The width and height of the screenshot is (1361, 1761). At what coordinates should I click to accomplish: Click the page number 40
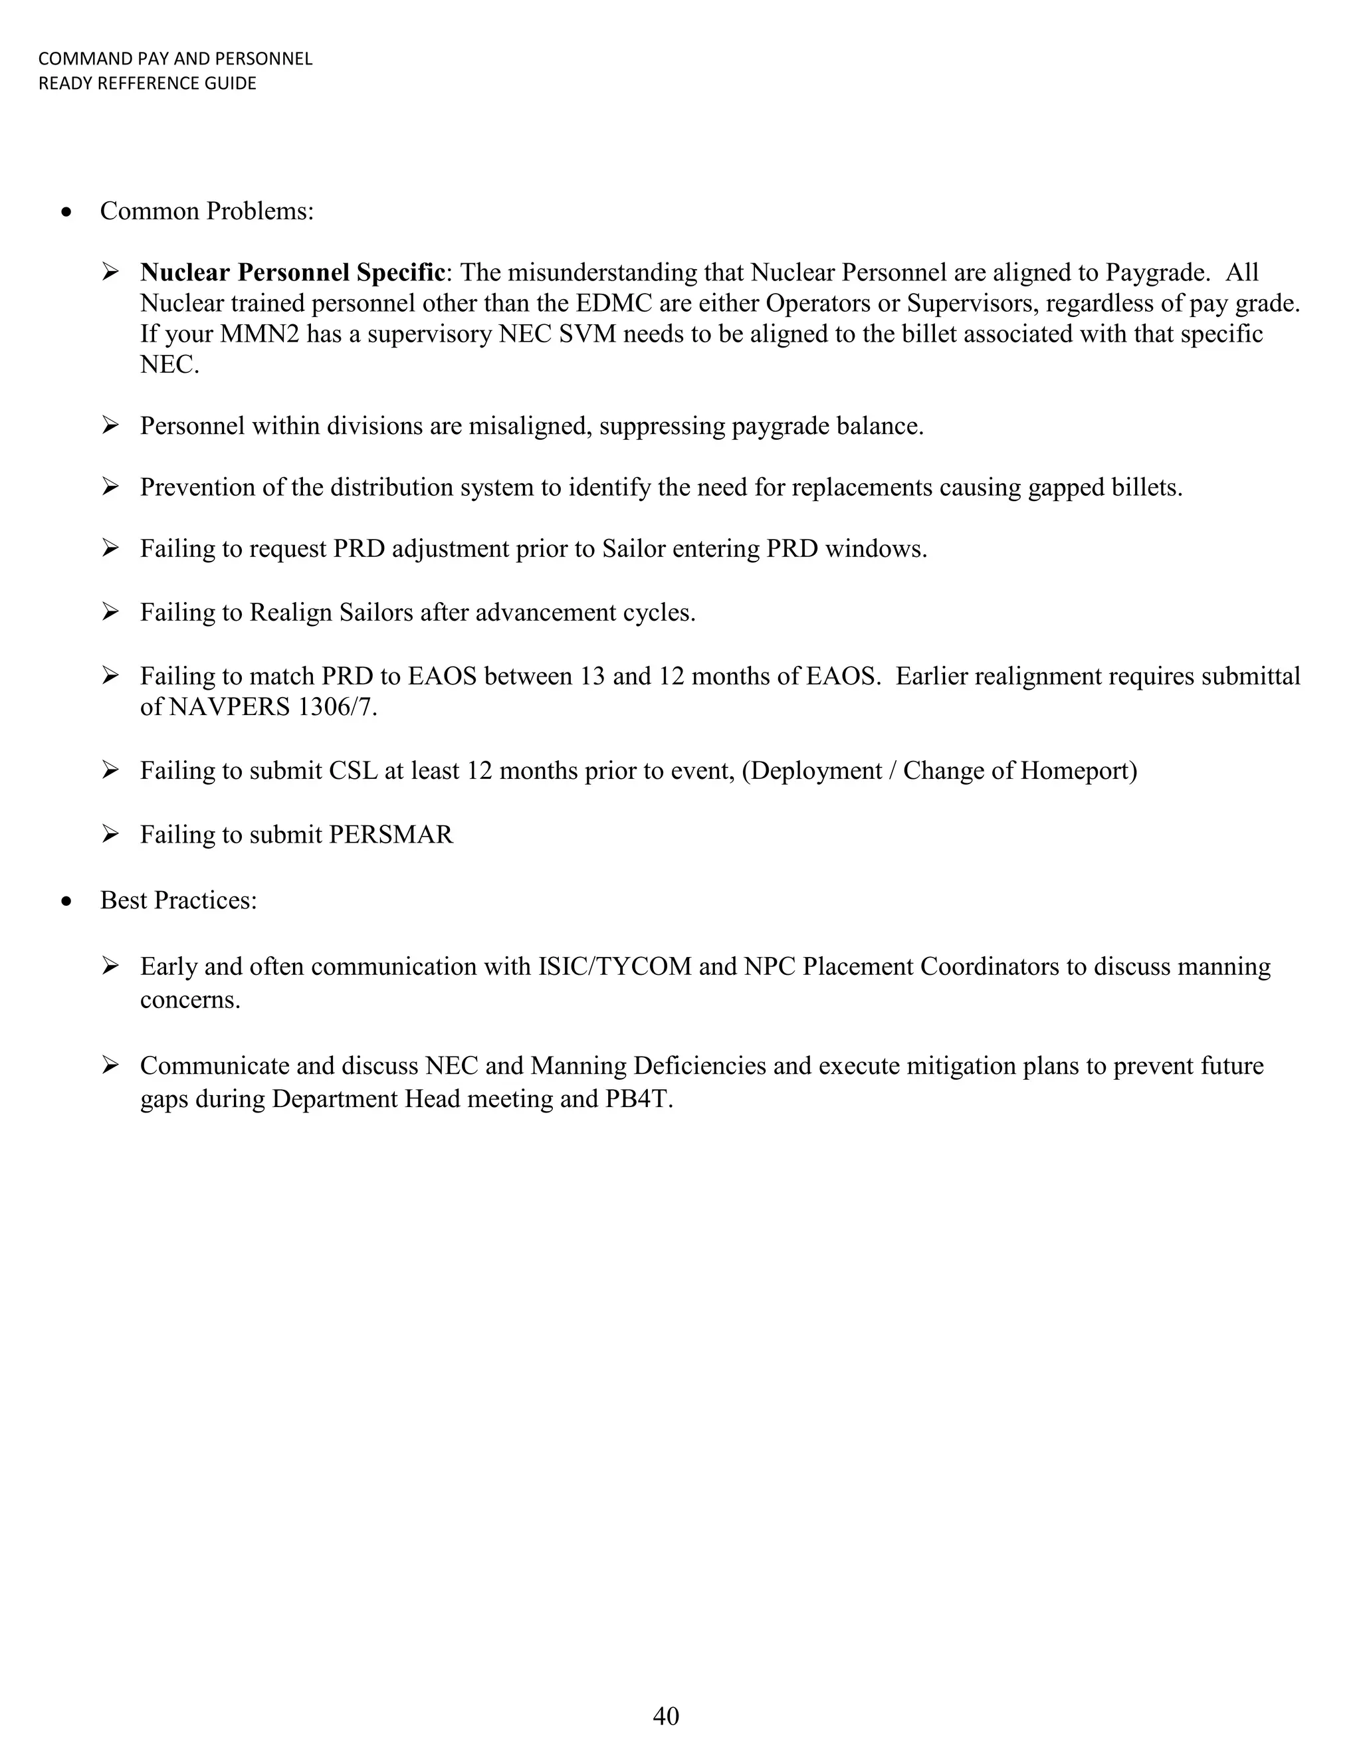(x=665, y=1716)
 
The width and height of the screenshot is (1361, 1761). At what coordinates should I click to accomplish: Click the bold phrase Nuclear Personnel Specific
(x=292, y=272)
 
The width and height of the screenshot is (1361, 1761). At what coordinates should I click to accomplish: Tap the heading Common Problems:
(x=207, y=211)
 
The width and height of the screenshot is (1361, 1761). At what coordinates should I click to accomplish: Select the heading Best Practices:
(x=178, y=900)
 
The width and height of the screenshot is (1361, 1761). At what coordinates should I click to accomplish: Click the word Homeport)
(x=1078, y=771)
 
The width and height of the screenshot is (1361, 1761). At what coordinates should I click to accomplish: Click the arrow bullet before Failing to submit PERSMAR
(x=110, y=834)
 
